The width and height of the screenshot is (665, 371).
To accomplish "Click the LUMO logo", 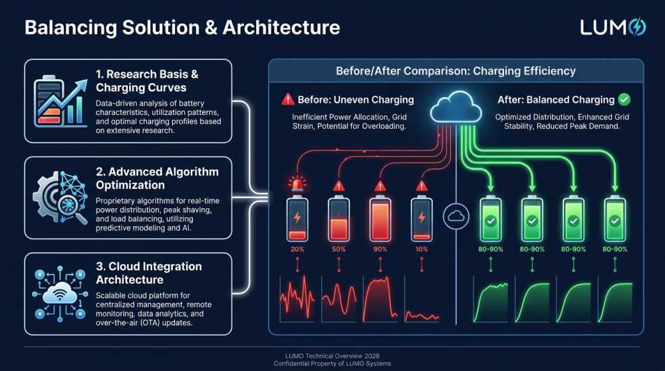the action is tap(613, 27).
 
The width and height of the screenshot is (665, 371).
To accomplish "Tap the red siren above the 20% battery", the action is tap(297, 184).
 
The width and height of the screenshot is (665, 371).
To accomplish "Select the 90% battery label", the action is tap(380, 249).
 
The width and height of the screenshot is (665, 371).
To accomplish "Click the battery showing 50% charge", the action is tap(338, 219).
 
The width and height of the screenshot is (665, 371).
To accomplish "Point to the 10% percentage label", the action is tap(422, 249).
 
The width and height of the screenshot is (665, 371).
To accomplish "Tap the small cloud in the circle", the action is tap(456, 217).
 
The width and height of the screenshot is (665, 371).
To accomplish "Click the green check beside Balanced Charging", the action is tap(624, 100).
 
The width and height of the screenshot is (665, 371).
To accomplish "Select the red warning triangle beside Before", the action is tap(288, 100).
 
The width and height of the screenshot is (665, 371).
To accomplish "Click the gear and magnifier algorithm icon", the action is tap(60, 197).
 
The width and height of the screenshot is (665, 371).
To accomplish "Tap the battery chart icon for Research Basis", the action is tap(60, 101).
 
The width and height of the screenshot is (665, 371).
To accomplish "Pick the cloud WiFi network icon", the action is tap(60, 294).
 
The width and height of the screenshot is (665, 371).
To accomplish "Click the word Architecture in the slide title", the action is tap(281, 27).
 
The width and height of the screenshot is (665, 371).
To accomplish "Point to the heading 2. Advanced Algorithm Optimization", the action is tap(158, 178).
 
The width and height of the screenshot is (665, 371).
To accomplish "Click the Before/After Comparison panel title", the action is tap(456, 70).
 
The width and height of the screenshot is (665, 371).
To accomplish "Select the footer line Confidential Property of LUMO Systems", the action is tap(332, 364).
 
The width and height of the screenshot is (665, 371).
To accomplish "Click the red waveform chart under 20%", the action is tap(297, 299).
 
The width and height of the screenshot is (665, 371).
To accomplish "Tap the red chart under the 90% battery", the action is tap(380, 299).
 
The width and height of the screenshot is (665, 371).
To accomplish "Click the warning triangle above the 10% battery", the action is tap(422, 185).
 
